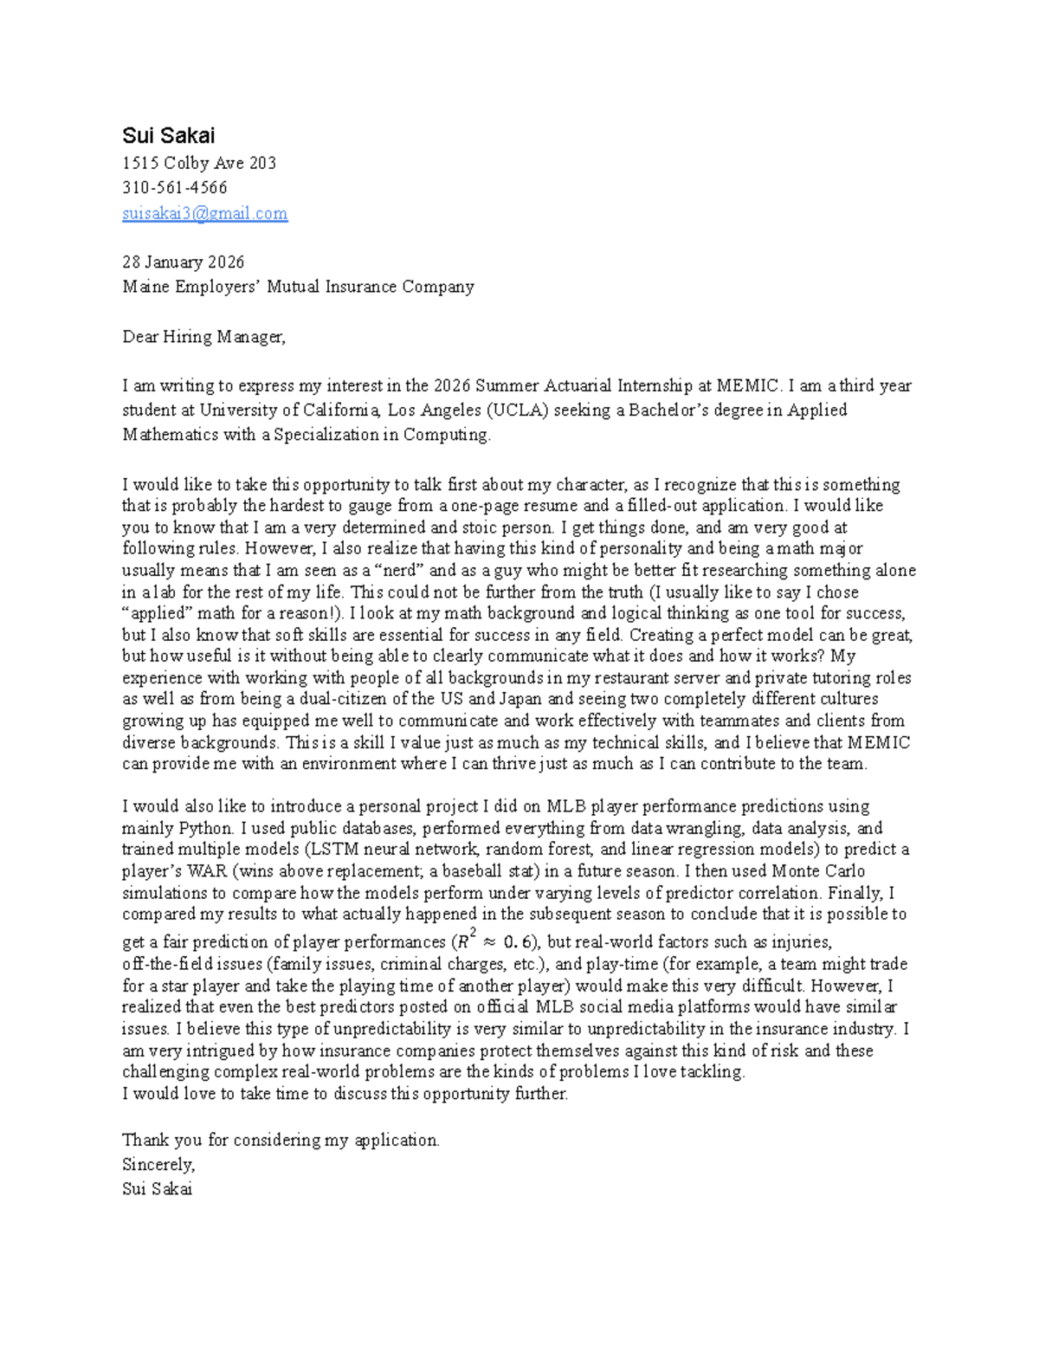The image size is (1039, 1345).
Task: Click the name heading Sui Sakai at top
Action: [x=168, y=135]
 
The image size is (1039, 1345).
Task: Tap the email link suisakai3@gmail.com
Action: [x=204, y=213]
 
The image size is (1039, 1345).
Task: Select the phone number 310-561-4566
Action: [x=174, y=187]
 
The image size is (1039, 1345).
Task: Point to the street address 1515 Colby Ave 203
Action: [x=199, y=163]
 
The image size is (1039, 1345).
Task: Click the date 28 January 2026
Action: [x=183, y=262]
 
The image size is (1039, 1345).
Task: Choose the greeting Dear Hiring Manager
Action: [x=203, y=336]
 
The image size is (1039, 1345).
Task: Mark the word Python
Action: [x=205, y=827]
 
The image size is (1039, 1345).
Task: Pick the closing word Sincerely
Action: [x=158, y=1164]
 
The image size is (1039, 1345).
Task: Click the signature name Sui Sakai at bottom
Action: [x=157, y=1188]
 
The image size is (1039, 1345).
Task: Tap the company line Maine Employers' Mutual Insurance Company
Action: [x=298, y=286]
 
